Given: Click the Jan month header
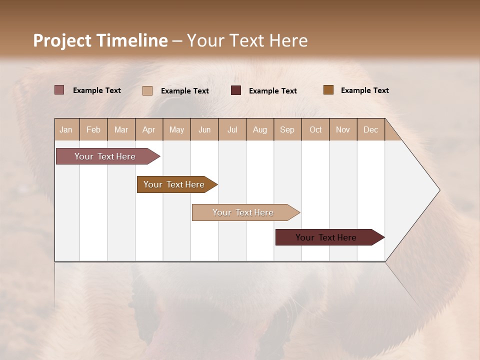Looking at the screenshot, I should pos(66,129).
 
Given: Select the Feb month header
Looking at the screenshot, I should pos(93,129).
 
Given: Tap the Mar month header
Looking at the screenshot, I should pos(121,129).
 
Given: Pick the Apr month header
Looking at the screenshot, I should pos(148,129).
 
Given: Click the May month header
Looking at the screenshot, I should pos(176,129).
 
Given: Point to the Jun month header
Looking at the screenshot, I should pos(204,129).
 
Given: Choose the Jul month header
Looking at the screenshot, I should pos(232,129).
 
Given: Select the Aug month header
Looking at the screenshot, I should pos(259,129).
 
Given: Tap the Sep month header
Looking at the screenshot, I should pos(287,129).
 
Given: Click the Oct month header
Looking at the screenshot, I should pos(315,129).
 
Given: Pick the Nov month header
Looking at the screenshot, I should pos(342,129).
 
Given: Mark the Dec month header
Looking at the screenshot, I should pos(370,129).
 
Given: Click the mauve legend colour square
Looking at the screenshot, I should pos(59,90).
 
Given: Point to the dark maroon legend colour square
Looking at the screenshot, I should pos(236,90).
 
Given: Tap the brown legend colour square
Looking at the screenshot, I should pos(328,90).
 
